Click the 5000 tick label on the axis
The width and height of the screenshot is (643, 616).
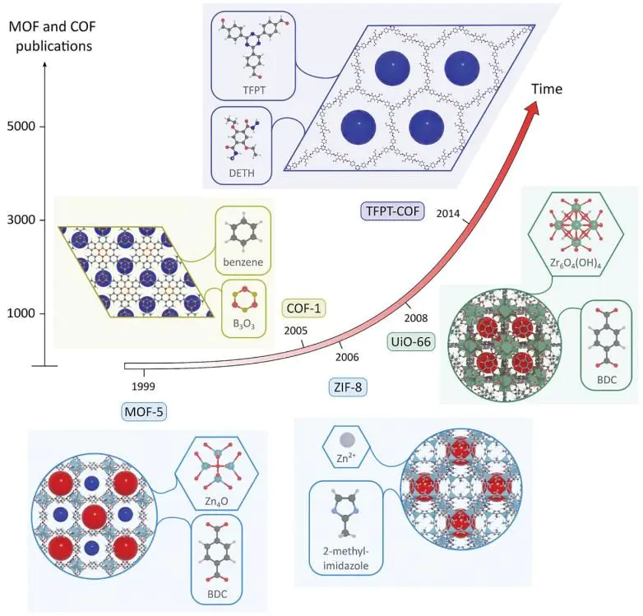point(21,127)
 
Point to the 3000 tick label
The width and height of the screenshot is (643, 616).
point(21,220)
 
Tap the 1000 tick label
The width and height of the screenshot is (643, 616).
point(21,313)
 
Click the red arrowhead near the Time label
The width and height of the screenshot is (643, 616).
point(531,112)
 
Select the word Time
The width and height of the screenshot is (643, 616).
point(547,89)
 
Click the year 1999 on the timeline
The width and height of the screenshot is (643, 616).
point(144,387)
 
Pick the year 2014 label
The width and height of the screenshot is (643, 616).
point(448,213)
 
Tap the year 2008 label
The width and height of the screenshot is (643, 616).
point(416,317)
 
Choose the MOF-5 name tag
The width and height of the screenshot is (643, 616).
point(145,412)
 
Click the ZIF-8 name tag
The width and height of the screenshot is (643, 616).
point(348,387)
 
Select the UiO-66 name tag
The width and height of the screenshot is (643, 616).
point(411,341)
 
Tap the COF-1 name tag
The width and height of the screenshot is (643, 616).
point(303,308)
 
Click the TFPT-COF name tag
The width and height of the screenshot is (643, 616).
point(392,211)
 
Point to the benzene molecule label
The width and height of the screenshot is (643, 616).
point(243,262)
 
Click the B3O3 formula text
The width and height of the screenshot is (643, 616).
point(243,324)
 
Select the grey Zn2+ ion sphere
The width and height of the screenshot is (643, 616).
point(347,440)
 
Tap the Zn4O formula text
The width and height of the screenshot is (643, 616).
point(216,501)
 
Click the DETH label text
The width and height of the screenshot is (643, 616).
point(242,173)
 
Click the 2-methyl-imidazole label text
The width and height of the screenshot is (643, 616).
point(345,558)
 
